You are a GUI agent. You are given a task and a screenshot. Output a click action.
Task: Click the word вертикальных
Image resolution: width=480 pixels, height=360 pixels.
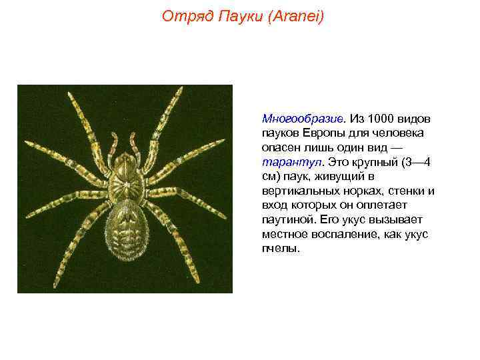[295, 191]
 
